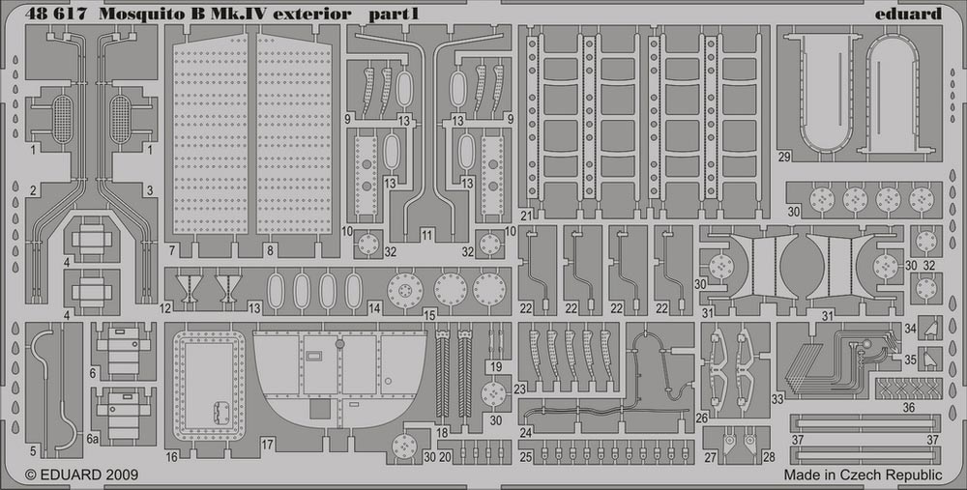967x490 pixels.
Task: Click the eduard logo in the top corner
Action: [908, 13]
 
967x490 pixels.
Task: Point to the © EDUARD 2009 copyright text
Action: [81, 475]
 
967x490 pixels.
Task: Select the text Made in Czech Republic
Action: [863, 475]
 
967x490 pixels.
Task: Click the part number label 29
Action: [784, 157]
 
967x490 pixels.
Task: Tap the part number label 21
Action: [525, 216]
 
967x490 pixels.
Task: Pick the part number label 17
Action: [267, 444]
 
